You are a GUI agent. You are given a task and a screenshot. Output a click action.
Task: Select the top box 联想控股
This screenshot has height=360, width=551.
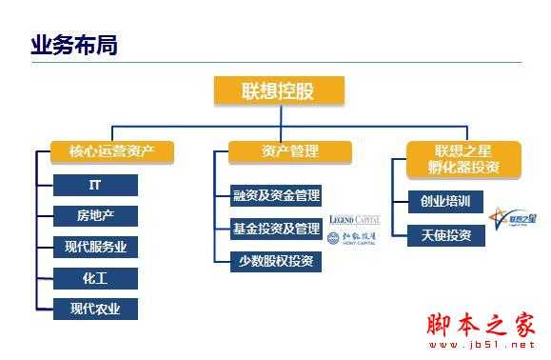(x=278, y=90)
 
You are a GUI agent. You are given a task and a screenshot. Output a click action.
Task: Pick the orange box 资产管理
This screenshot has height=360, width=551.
(x=289, y=151)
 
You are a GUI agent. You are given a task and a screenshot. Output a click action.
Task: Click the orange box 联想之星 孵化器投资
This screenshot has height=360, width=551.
(x=464, y=159)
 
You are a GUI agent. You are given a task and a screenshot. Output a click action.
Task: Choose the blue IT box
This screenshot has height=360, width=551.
(x=95, y=185)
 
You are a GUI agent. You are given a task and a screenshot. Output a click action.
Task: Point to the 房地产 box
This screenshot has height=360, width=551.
(x=95, y=216)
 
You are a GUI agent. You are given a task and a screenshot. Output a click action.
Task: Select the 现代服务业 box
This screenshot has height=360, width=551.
(x=95, y=247)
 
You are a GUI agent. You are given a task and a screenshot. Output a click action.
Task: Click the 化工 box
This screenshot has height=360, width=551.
(x=95, y=278)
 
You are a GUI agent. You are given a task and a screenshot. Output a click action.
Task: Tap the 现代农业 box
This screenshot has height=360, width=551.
(x=95, y=309)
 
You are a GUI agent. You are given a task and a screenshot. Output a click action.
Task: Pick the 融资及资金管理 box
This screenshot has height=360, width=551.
(x=276, y=196)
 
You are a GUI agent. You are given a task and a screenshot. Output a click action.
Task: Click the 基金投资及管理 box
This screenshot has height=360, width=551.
(x=276, y=229)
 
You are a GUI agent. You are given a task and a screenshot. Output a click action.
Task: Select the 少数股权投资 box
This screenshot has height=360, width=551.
(x=276, y=261)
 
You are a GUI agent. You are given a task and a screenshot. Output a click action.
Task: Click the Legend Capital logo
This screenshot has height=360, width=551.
(x=353, y=220)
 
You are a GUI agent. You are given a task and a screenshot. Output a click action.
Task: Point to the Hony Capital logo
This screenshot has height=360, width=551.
(x=353, y=239)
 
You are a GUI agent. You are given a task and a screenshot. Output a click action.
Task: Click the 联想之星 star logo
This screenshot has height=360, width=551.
(x=514, y=219)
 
